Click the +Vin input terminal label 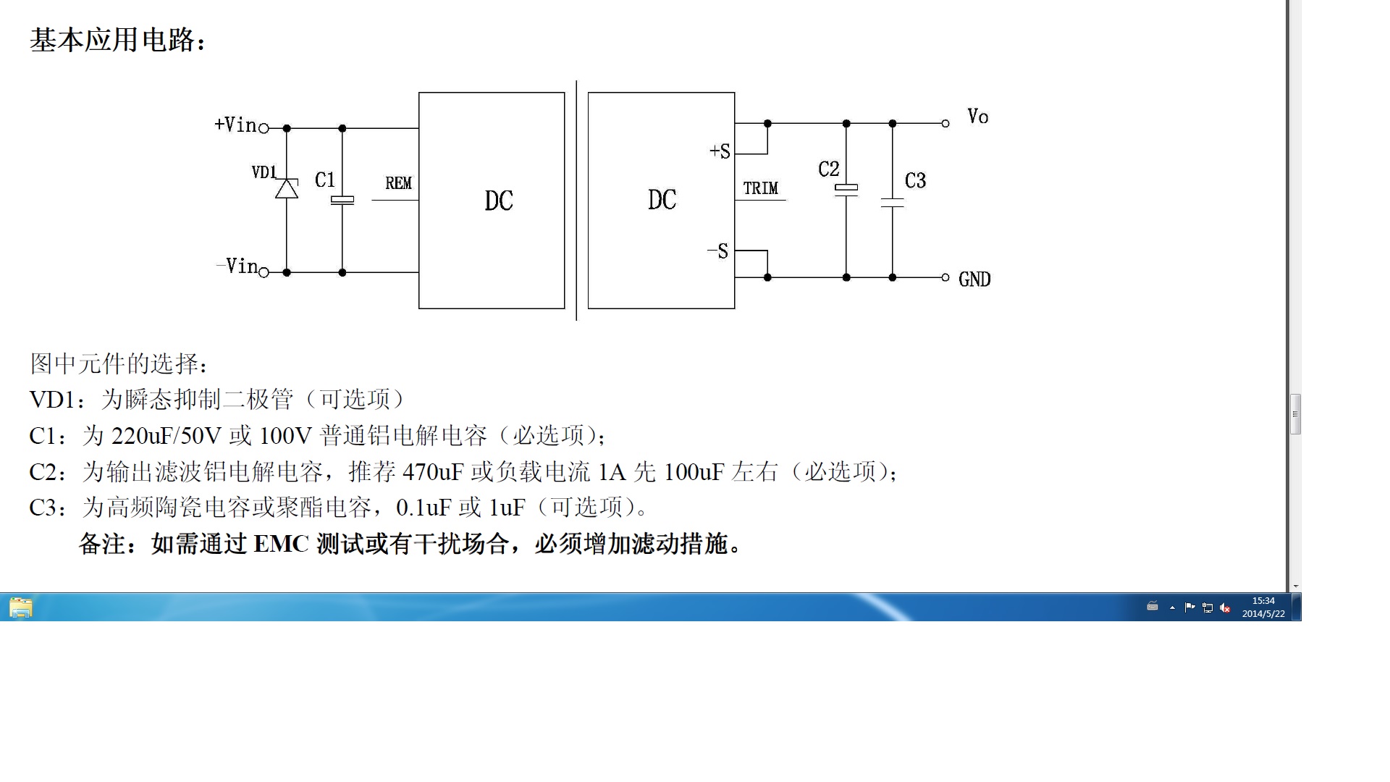point(236,125)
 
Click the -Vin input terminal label point(237,266)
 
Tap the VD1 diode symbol point(287,188)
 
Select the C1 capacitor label point(325,180)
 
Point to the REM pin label point(398,183)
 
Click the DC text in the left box point(499,201)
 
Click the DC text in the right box point(662,200)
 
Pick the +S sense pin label point(720,151)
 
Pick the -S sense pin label point(717,251)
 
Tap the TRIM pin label point(760,188)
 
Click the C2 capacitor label point(829,169)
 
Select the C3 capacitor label point(916,180)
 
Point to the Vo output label point(978,117)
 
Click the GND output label point(974,279)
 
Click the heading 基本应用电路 point(112,40)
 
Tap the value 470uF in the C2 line point(433,472)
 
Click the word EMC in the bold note point(282,544)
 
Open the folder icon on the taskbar point(21,607)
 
